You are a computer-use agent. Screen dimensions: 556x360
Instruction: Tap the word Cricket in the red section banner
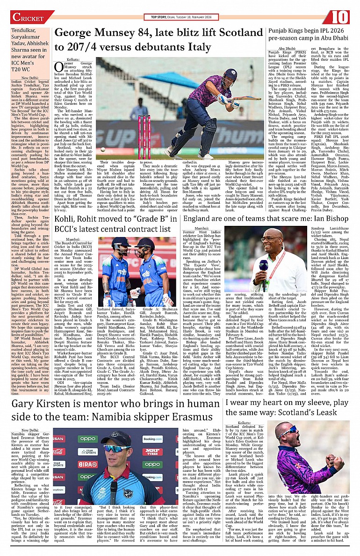[28, 18]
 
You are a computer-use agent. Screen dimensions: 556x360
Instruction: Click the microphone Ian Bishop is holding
[263, 268]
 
